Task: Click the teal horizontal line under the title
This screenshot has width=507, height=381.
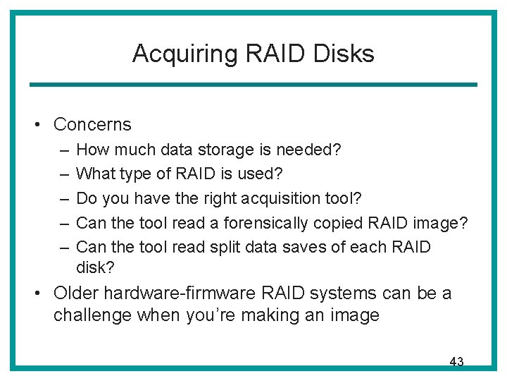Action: point(253,85)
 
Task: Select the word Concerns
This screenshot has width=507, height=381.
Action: point(92,125)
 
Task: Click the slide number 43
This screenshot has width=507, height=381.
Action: point(456,362)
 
